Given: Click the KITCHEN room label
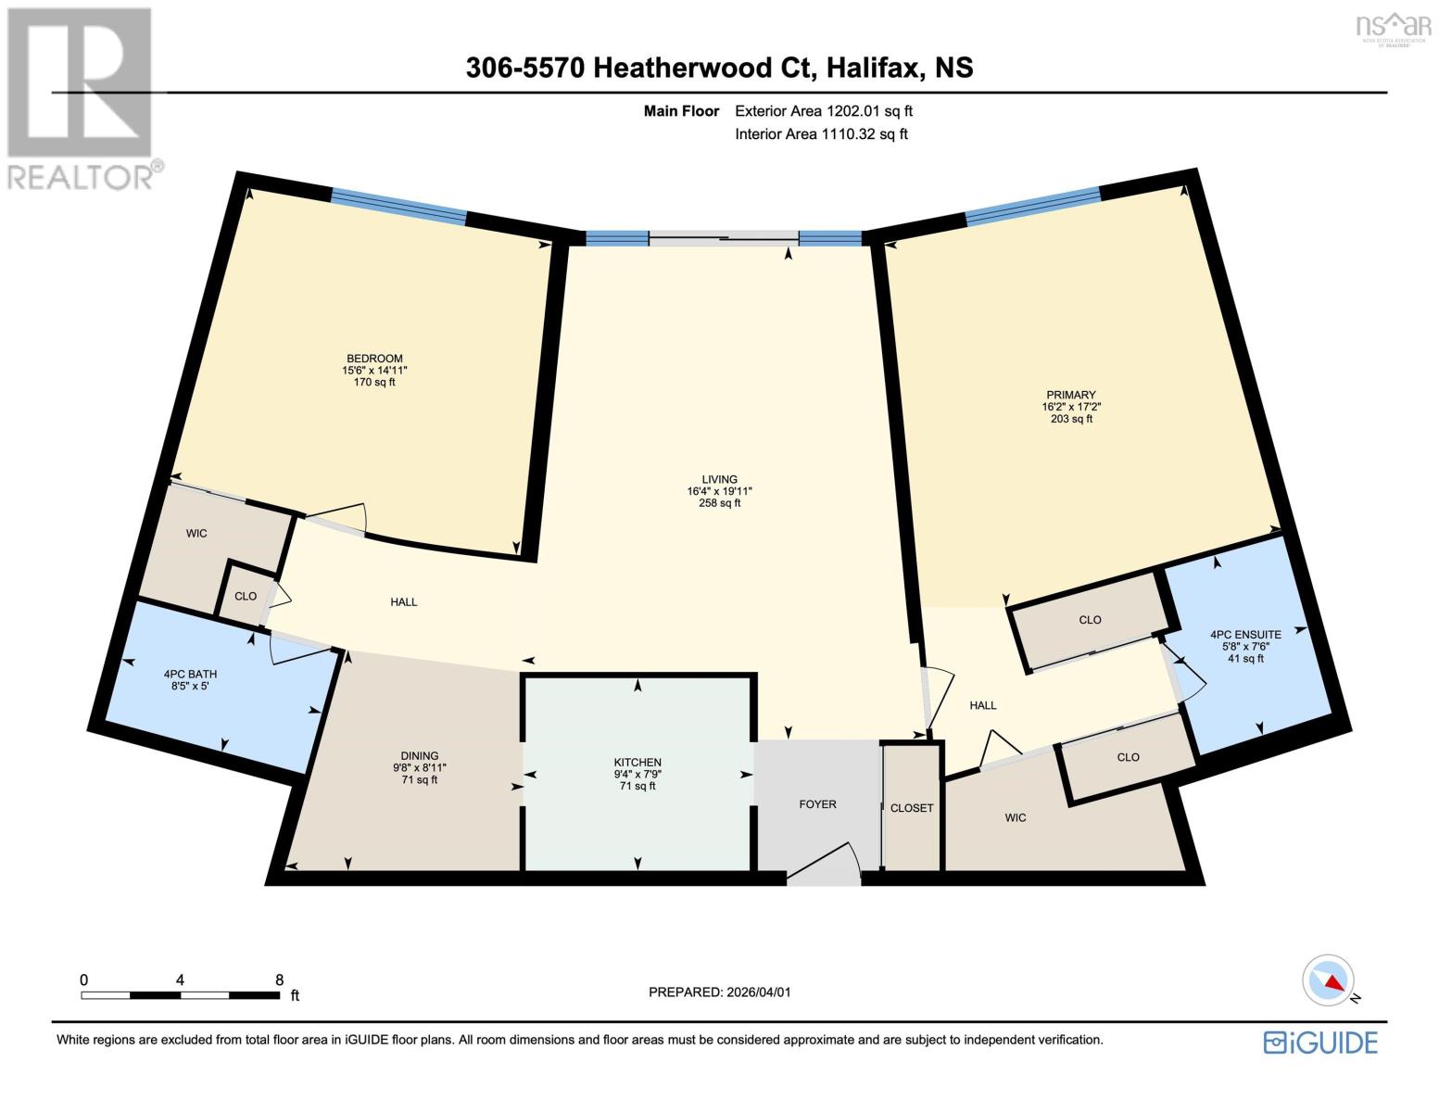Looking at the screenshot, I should coord(637,763).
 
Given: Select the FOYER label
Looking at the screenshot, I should coord(817,804).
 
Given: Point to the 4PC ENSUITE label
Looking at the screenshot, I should coord(1245,635).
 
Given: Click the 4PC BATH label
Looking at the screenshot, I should coord(190,675).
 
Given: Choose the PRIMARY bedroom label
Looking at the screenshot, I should coord(1071,395).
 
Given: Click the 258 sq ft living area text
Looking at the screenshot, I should coord(719,504).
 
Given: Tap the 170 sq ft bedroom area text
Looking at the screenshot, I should coord(374,382).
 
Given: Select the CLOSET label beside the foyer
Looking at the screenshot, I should coord(912,808).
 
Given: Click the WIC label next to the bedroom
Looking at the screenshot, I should coord(196,534).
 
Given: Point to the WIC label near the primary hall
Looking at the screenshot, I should coord(1016,818).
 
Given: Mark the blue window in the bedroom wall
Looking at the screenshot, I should coord(398,206).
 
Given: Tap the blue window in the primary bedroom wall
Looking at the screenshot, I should coord(1032,206).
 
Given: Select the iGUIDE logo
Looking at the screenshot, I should coord(1320,1042).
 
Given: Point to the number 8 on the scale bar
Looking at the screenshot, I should coord(279,979).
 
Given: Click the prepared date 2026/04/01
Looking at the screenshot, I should coord(757,992).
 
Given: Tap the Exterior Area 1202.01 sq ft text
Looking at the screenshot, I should coord(824,111).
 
